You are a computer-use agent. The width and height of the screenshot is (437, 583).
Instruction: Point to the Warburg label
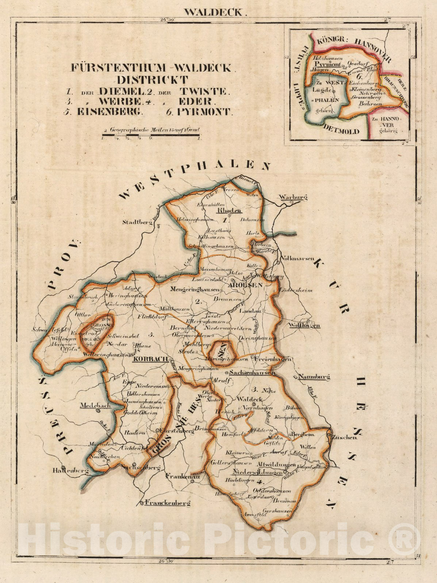(x=293, y=197)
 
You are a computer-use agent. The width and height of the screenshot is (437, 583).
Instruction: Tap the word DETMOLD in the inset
(x=341, y=131)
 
